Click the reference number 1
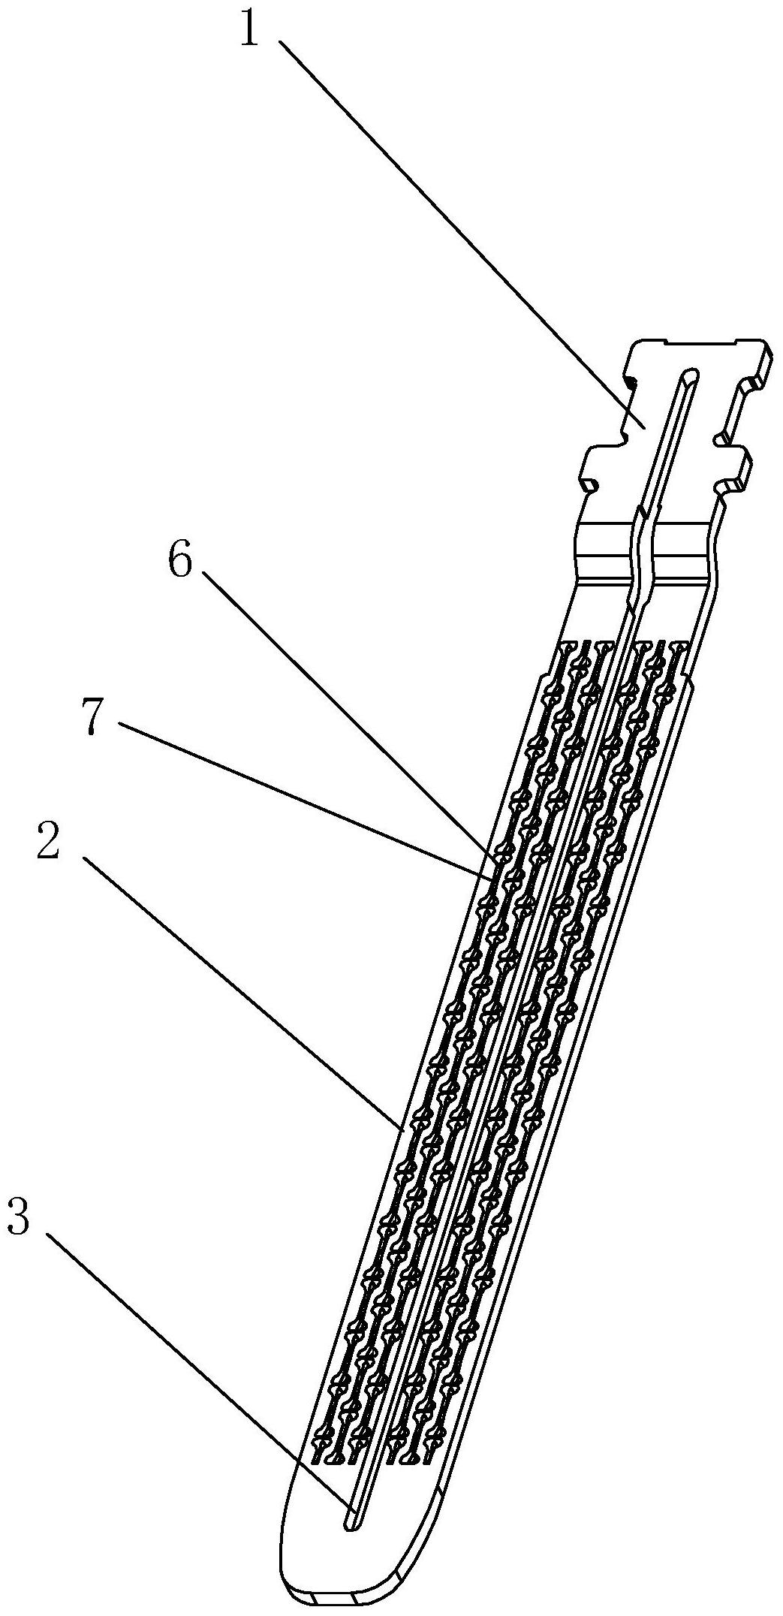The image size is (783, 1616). [250, 26]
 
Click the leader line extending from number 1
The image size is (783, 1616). [464, 234]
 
